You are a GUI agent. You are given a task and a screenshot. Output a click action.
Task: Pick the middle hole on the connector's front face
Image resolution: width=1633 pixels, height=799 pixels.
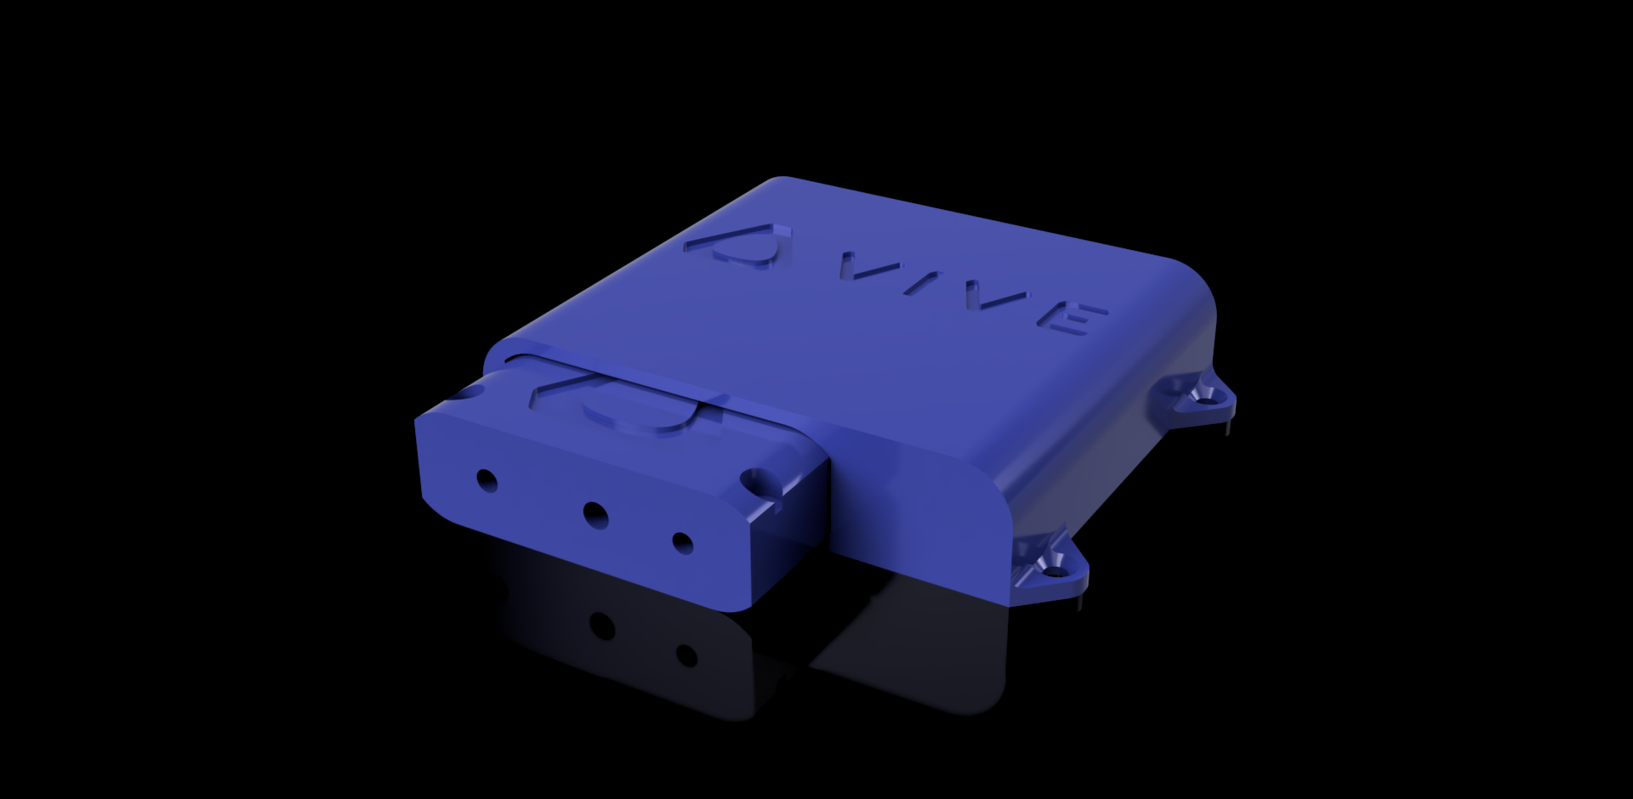(x=595, y=513)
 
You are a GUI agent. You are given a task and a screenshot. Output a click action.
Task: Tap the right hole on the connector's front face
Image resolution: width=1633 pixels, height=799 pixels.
(x=682, y=541)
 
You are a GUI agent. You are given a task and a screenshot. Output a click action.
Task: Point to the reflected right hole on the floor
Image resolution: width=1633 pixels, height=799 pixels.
(x=686, y=655)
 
